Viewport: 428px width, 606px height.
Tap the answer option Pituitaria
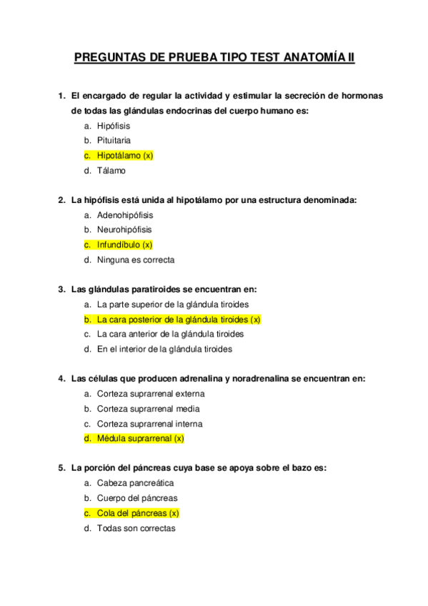[x=114, y=141]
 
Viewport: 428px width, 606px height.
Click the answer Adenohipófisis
[x=124, y=215]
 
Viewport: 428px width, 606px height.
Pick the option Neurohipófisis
[x=124, y=230]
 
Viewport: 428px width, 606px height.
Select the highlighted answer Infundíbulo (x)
[x=125, y=245]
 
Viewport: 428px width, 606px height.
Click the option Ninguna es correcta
[x=135, y=260]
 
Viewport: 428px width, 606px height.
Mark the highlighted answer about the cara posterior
[x=179, y=319]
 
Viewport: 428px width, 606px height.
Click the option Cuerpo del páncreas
[x=137, y=498]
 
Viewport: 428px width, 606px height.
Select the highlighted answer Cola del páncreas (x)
[x=137, y=513]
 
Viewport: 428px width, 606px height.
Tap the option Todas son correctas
[x=136, y=528]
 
